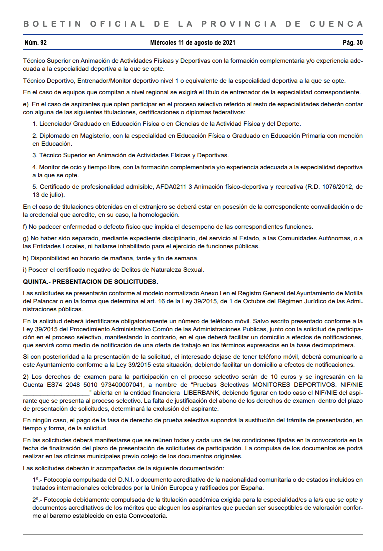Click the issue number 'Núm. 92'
click(x=35, y=43)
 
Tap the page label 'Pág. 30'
click(x=353, y=43)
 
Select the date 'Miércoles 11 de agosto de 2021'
click(x=193, y=43)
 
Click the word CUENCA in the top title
click(x=336, y=24)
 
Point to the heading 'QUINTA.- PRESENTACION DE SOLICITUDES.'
click(x=90, y=282)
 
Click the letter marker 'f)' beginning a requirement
click(x=26, y=226)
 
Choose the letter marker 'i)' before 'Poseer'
click(x=25, y=270)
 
